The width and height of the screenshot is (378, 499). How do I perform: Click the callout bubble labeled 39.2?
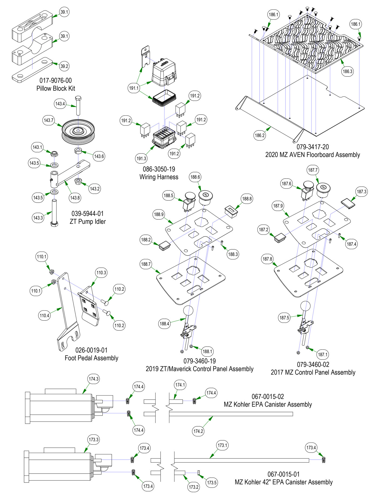pyautogui.click(x=64, y=66)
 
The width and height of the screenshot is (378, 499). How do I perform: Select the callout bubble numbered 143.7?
pyautogui.click(x=49, y=120)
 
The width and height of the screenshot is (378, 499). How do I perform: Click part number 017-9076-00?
pyautogui.click(x=56, y=81)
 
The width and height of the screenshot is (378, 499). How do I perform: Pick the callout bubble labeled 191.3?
pyautogui.click(x=141, y=159)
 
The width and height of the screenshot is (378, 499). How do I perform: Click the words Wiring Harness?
pyautogui.click(x=159, y=177)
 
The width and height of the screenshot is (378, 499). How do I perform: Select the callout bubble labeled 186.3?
pyautogui.click(x=347, y=72)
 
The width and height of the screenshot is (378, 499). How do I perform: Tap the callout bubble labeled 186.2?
pyautogui.click(x=260, y=135)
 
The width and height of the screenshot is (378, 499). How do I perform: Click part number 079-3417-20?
pyautogui.click(x=313, y=147)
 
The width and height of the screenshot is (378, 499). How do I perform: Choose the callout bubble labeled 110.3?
pyautogui.click(x=101, y=273)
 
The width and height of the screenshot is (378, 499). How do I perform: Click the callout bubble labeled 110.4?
pyautogui.click(x=45, y=316)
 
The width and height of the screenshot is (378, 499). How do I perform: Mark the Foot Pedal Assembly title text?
pyautogui.click(x=92, y=358)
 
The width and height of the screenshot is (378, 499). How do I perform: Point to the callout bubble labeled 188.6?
pyautogui.click(x=195, y=177)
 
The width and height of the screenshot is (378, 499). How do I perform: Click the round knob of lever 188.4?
pyautogui.click(x=188, y=310)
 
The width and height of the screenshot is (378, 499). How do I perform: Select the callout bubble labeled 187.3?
pyautogui.click(x=362, y=192)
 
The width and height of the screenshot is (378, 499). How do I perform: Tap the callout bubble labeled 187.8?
pyautogui.click(x=267, y=259)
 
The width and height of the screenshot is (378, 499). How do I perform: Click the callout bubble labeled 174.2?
pyautogui.click(x=198, y=431)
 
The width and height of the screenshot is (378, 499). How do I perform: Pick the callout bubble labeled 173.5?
pyautogui.click(x=212, y=483)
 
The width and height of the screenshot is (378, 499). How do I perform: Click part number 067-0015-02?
pyautogui.click(x=268, y=397)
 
